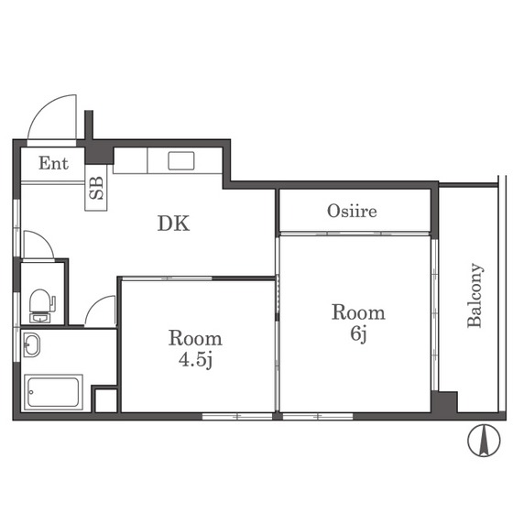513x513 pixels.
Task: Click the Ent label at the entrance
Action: pyautogui.click(x=53, y=163)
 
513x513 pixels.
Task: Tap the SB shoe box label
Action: pyautogui.click(x=96, y=188)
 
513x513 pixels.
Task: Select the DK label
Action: pyautogui.click(x=173, y=224)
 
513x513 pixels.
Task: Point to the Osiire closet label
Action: pyautogui.click(x=352, y=211)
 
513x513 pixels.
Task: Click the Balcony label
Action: pyautogui.click(x=475, y=295)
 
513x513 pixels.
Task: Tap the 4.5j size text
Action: pyautogui.click(x=195, y=360)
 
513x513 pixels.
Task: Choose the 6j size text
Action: pyautogui.click(x=358, y=334)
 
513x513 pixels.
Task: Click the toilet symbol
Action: pyautogui.click(x=42, y=306)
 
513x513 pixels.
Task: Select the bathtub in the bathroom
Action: pyautogui.click(x=53, y=392)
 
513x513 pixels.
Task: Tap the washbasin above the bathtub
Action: pyautogui.click(x=32, y=344)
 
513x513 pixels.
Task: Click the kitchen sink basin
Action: pyautogui.click(x=181, y=161)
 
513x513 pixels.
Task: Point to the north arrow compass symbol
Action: pyautogui.click(x=484, y=440)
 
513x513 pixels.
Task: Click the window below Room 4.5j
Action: pyautogui.click(x=237, y=417)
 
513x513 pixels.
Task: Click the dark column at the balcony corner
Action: pyautogui.click(x=444, y=402)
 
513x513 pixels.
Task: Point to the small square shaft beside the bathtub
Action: pyautogui.click(x=105, y=400)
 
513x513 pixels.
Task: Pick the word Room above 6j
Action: pyautogui.click(x=358, y=312)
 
